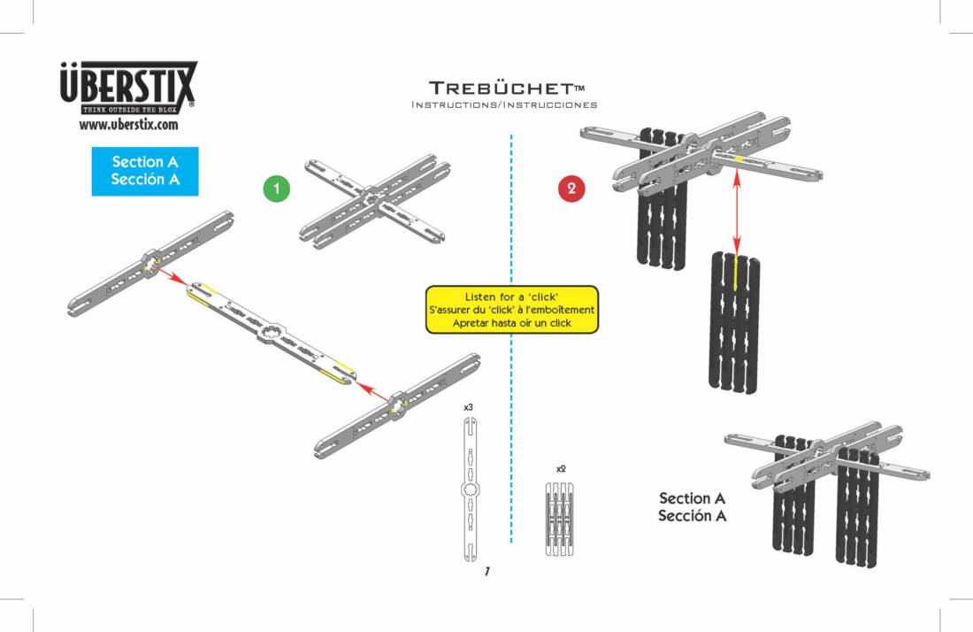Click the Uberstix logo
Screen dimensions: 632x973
point(128,88)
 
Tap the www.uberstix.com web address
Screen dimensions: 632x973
point(128,125)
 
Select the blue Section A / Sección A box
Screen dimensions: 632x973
point(145,171)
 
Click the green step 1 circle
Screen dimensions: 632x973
point(277,189)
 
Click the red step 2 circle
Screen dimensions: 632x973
point(571,189)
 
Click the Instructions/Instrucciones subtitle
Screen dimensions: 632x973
point(504,104)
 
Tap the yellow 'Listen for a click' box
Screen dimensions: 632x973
point(512,310)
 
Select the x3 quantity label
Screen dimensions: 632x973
point(468,406)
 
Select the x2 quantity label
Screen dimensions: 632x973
point(561,467)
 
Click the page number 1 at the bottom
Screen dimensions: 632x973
point(486,572)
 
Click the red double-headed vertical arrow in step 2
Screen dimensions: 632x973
point(735,211)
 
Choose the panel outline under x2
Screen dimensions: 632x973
point(559,518)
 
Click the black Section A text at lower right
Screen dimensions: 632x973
point(692,507)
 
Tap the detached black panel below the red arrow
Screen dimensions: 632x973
point(733,322)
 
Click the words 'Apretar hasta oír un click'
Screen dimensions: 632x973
point(512,323)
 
